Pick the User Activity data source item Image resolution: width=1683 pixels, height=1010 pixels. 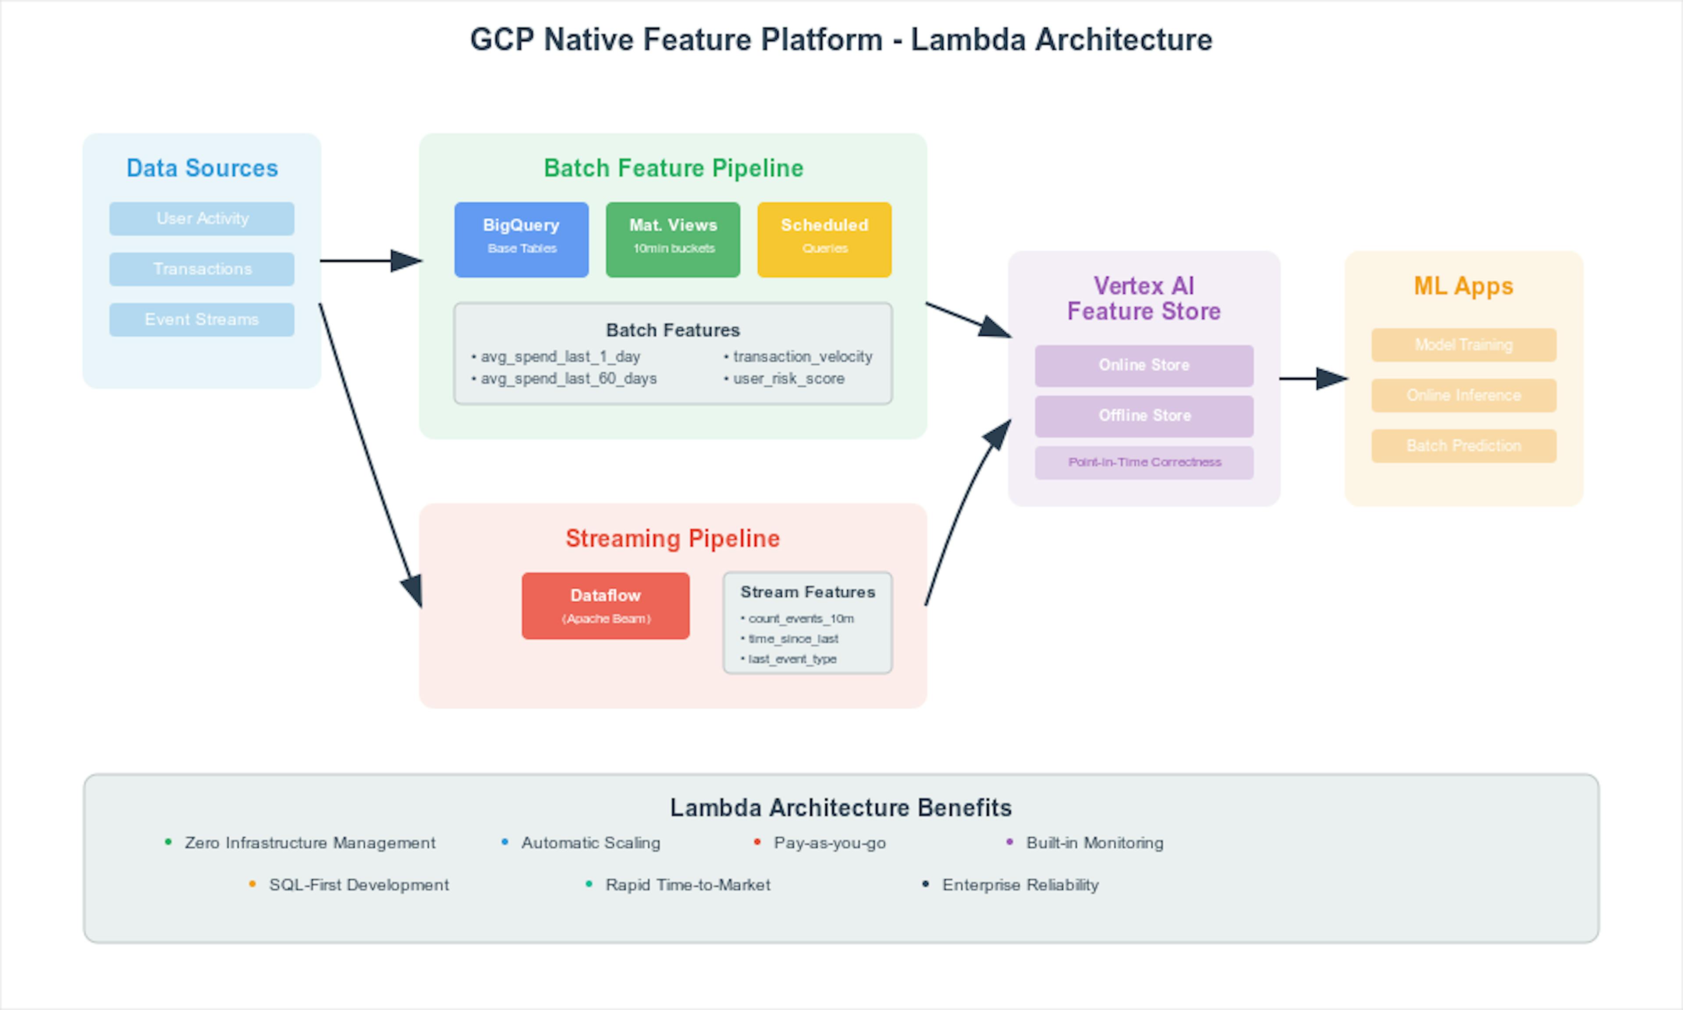(x=202, y=218)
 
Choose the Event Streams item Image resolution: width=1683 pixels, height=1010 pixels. (x=202, y=319)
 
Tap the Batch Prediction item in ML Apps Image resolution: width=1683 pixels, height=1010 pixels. (x=1463, y=446)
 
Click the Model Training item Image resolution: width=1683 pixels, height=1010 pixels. (x=1463, y=345)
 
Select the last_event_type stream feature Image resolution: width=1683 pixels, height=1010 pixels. (x=792, y=659)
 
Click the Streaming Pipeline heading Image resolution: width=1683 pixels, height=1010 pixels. (x=672, y=538)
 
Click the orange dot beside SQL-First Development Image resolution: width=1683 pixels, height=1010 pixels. (x=252, y=884)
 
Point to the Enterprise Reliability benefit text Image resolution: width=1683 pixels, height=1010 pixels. (x=1020, y=885)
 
